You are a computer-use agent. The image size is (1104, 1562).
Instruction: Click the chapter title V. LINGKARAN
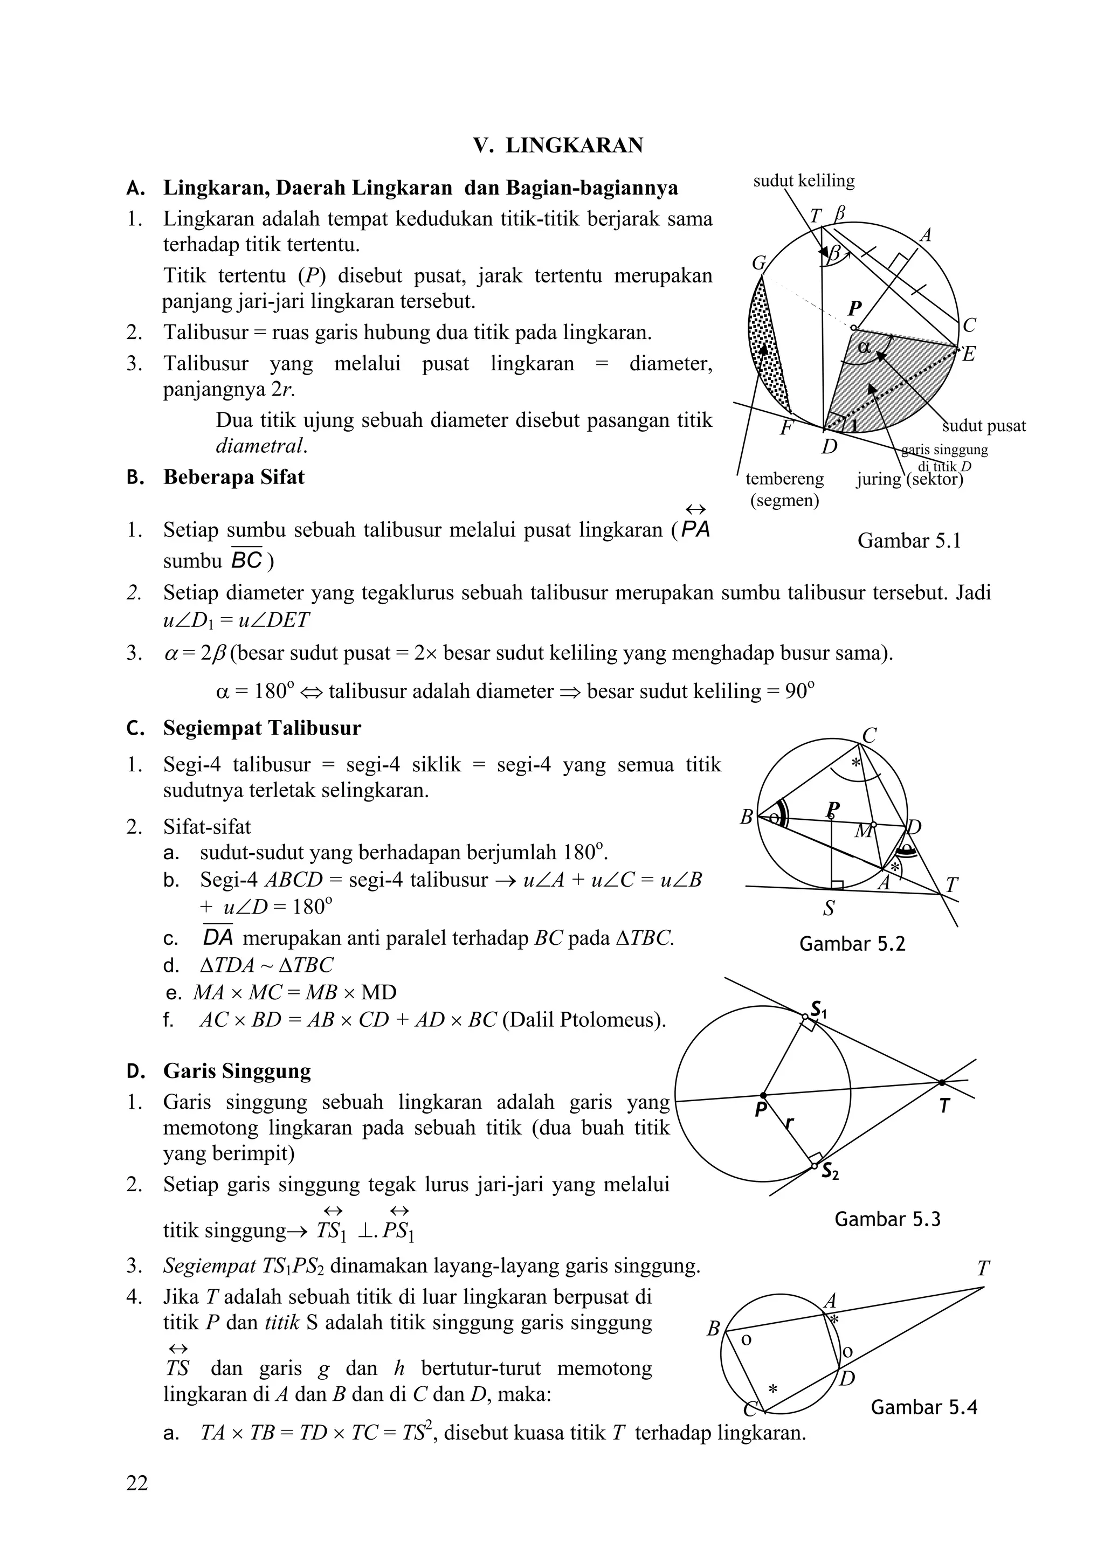(x=558, y=146)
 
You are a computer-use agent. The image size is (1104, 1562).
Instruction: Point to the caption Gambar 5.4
(x=924, y=1407)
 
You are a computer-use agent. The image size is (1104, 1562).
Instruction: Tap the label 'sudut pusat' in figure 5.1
(x=984, y=426)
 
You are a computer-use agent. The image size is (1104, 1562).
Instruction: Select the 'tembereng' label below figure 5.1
(x=784, y=479)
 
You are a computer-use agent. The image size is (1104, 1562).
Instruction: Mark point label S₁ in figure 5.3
(x=818, y=1009)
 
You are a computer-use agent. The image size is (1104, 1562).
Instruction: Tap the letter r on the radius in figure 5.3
(x=789, y=1123)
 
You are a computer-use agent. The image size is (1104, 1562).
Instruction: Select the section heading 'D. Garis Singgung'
(x=236, y=1072)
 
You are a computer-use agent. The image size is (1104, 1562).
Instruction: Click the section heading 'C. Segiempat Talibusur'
(x=261, y=729)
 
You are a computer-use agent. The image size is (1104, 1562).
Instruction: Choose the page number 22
(x=137, y=1483)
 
